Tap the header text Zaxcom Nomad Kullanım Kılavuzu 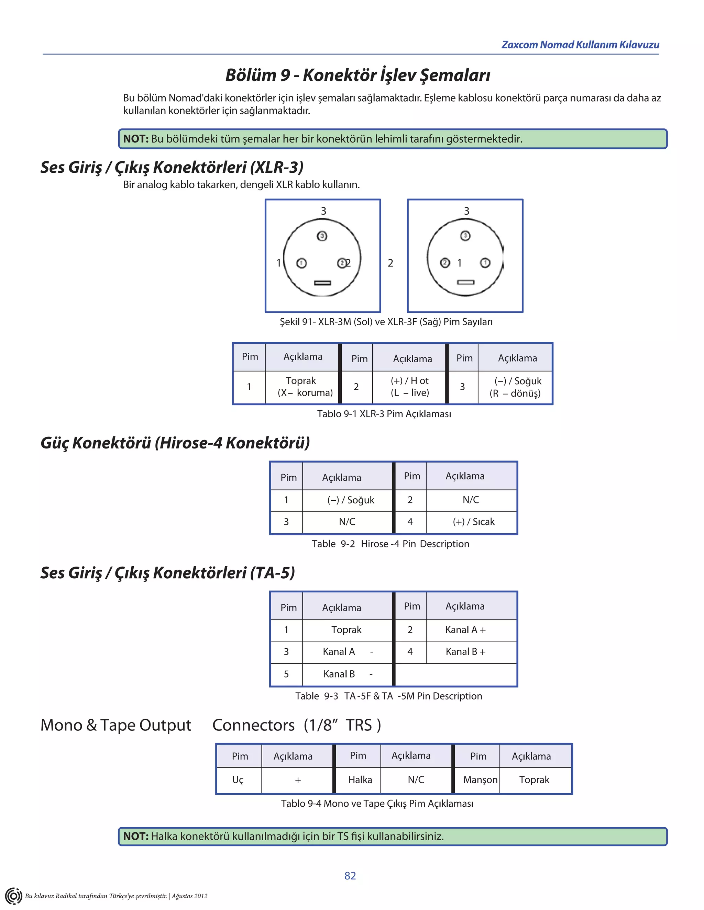pyautogui.click(x=580, y=45)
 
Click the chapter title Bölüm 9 pyautogui.click(x=357, y=75)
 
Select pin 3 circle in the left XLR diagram pyautogui.click(x=322, y=236)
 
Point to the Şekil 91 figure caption pyautogui.click(x=386, y=322)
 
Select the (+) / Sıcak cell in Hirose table pyautogui.click(x=473, y=522)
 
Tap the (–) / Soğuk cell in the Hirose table pyautogui.click(x=350, y=500)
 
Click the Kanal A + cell pyautogui.click(x=465, y=629)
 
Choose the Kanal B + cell pyautogui.click(x=465, y=652)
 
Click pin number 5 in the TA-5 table pyautogui.click(x=286, y=674)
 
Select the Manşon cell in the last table pyautogui.click(x=480, y=780)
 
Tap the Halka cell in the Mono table pyautogui.click(x=360, y=780)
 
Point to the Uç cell pyautogui.click(x=238, y=780)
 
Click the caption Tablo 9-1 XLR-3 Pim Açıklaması pyautogui.click(x=384, y=414)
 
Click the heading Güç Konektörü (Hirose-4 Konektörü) pyautogui.click(x=175, y=443)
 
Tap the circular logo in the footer pyautogui.click(x=13, y=896)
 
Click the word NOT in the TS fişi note pyautogui.click(x=135, y=836)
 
